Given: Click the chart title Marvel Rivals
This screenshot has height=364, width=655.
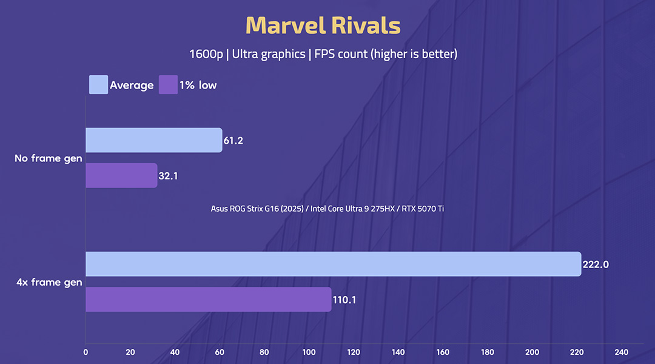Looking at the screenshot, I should tap(323, 25).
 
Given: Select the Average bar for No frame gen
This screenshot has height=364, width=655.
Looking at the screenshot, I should tap(153, 140).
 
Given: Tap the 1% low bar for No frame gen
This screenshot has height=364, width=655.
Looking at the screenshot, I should tap(121, 175).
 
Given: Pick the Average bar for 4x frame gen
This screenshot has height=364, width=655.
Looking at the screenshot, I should tap(333, 264).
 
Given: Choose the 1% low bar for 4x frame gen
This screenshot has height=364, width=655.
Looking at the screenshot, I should tap(208, 300).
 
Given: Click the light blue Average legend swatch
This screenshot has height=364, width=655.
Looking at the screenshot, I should tap(98, 85).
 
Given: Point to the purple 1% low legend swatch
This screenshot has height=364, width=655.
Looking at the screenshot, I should tap(168, 85).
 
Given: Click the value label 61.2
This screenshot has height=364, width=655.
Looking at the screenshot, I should tap(233, 141).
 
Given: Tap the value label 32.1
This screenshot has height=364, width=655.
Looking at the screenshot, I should tap(169, 176).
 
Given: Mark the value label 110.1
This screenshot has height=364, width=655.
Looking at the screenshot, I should tap(345, 300).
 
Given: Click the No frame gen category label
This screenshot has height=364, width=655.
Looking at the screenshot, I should tap(49, 158).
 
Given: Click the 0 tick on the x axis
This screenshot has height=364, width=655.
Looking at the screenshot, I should tap(86, 352).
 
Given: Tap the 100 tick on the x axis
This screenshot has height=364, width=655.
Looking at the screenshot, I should tap(309, 352).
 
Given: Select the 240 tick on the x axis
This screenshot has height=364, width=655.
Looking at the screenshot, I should tap(621, 352).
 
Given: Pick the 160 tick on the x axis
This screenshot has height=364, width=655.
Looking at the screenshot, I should tap(443, 352).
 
